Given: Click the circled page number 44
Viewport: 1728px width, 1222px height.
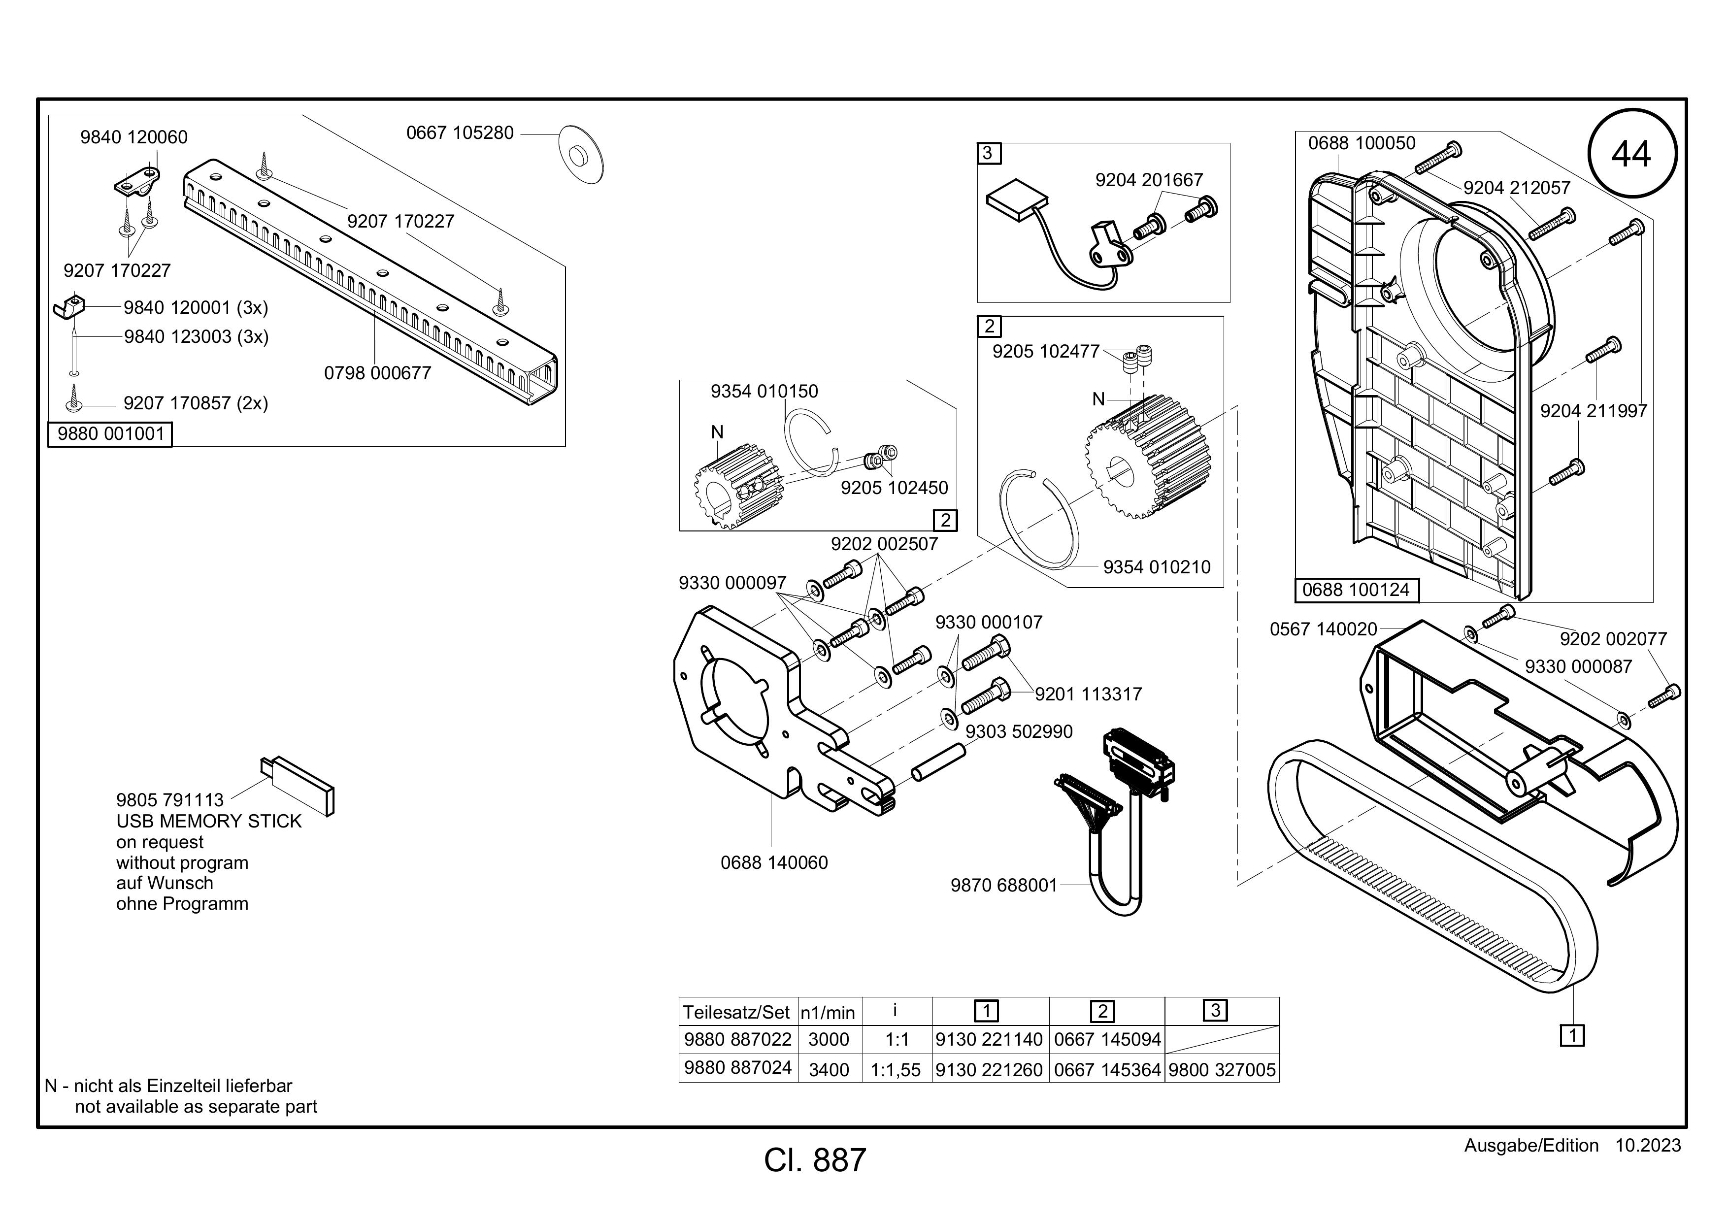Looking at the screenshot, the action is pyautogui.click(x=1631, y=154).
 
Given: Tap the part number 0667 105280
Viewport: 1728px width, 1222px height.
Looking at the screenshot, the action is pyautogui.click(x=460, y=133).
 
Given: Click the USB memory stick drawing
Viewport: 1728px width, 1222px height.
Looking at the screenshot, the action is pyautogui.click(x=298, y=785).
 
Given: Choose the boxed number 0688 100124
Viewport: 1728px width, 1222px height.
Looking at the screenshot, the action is pyautogui.click(x=1356, y=590).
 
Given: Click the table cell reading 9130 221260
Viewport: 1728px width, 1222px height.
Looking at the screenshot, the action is pyautogui.click(x=990, y=1069).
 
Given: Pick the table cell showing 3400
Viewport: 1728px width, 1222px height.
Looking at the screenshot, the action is pyautogui.click(x=829, y=1069).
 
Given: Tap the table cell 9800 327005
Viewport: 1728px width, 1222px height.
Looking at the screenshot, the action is pyautogui.click(x=1222, y=1069).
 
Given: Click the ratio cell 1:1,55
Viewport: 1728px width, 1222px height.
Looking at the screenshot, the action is pyautogui.click(x=896, y=1069).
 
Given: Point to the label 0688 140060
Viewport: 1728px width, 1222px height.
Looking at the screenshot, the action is pyautogui.click(x=774, y=862).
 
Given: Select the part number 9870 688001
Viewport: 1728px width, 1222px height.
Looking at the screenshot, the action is pyautogui.click(x=1004, y=885).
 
